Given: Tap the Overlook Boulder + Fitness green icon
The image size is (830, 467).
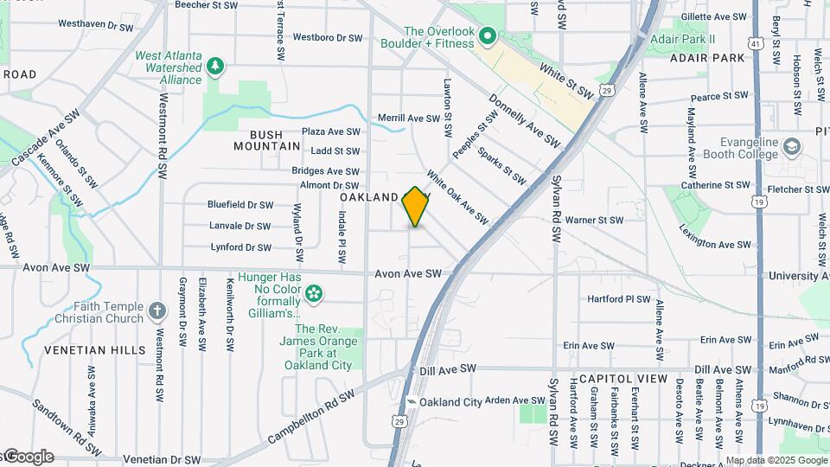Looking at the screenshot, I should (x=487, y=36).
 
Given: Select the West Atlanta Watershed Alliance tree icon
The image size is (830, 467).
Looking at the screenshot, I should (x=215, y=66).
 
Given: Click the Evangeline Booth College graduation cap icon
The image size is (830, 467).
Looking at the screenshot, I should (x=792, y=146).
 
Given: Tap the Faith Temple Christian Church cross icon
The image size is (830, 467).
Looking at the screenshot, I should (x=156, y=310).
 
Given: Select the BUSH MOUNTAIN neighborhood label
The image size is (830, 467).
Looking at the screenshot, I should (x=266, y=141).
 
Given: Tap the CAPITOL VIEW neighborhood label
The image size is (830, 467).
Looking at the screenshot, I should (x=622, y=379).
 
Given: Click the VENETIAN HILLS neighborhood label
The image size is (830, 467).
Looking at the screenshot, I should (x=85, y=350).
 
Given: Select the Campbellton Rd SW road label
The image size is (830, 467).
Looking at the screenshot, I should (x=311, y=417).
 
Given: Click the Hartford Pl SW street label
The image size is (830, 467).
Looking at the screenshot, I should (x=618, y=298).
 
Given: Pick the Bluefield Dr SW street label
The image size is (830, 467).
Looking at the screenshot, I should (x=239, y=205).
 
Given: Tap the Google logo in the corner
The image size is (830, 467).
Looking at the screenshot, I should (x=28, y=457).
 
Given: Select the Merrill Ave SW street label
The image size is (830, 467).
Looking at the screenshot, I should (x=409, y=118).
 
